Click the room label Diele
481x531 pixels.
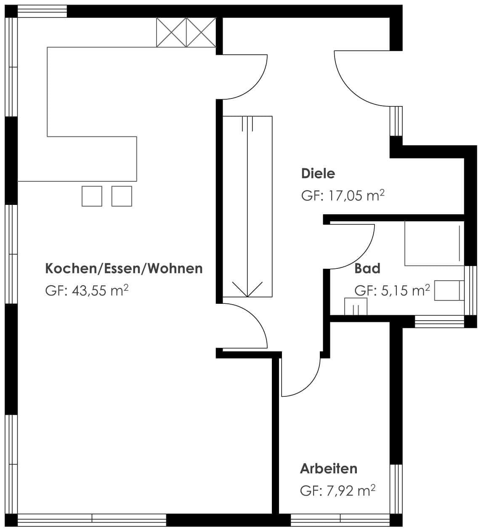click(318, 174)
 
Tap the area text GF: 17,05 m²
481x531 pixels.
click(343, 196)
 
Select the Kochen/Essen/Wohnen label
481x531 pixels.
click(124, 268)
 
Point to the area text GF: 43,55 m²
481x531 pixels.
click(87, 290)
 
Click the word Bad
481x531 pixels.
click(367, 268)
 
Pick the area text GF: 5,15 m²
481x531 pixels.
click(392, 290)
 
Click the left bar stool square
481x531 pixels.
click(92, 196)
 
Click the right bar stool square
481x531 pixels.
click(122, 196)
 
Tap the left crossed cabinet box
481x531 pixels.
click(171, 32)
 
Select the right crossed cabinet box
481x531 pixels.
click(201, 32)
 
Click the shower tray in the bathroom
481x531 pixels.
click(434, 244)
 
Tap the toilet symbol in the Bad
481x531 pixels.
click(449, 290)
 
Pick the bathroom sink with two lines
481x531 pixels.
click(356, 307)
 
